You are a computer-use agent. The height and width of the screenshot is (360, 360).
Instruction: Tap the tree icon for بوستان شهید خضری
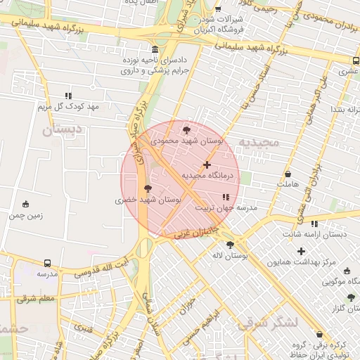(148, 188)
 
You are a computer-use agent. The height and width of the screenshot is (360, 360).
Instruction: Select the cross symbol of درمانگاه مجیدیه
(207, 164)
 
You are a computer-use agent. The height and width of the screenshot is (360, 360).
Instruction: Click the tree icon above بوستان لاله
(230, 245)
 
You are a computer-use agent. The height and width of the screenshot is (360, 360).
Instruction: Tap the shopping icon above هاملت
(288, 174)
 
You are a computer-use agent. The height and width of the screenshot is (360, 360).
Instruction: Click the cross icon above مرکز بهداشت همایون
(302, 251)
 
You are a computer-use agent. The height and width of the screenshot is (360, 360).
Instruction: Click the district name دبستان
(61, 130)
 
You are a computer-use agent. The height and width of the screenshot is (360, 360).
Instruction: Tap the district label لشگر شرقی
(269, 323)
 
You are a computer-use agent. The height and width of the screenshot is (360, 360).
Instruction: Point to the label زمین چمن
(26, 215)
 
